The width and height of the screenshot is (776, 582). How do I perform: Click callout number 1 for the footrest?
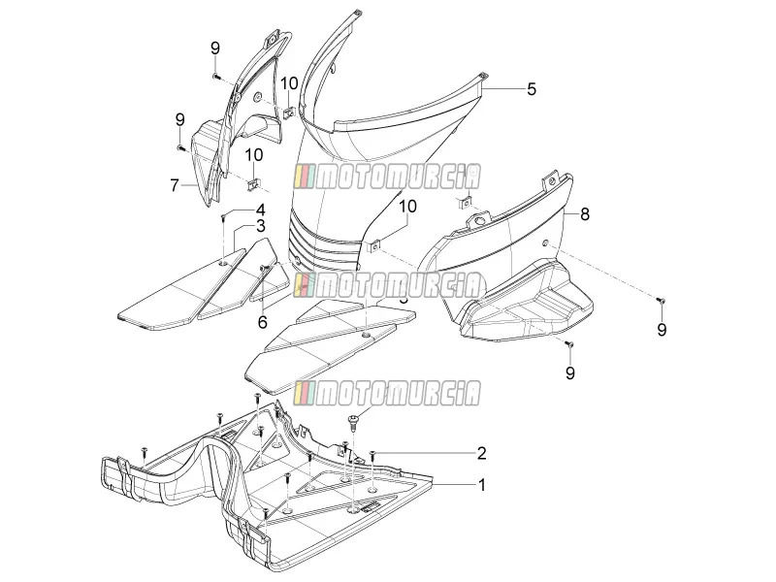(x=481, y=484)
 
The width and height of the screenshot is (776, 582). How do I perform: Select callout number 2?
(x=481, y=453)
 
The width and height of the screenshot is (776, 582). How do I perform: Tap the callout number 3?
(x=260, y=226)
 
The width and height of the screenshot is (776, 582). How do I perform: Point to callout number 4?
(x=260, y=210)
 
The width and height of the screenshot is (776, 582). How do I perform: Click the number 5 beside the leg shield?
(x=531, y=89)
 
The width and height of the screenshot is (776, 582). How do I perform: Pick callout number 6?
(x=262, y=322)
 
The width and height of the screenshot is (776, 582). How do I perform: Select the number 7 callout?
(x=175, y=185)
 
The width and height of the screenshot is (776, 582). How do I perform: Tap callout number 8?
(x=585, y=214)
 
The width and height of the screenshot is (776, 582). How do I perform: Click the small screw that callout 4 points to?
(x=224, y=215)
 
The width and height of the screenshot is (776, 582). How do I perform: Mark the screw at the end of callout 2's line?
(x=372, y=454)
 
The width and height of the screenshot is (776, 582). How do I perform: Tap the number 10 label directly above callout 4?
(x=253, y=155)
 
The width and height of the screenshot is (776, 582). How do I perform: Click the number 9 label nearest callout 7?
(x=180, y=119)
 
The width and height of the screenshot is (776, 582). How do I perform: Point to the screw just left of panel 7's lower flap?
(x=180, y=147)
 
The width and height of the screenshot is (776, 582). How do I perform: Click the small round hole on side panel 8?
(x=544, y=243)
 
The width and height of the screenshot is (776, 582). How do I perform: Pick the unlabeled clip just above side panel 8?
(x=465, y=203)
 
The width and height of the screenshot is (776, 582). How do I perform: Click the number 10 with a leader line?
(x=407, y=206)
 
